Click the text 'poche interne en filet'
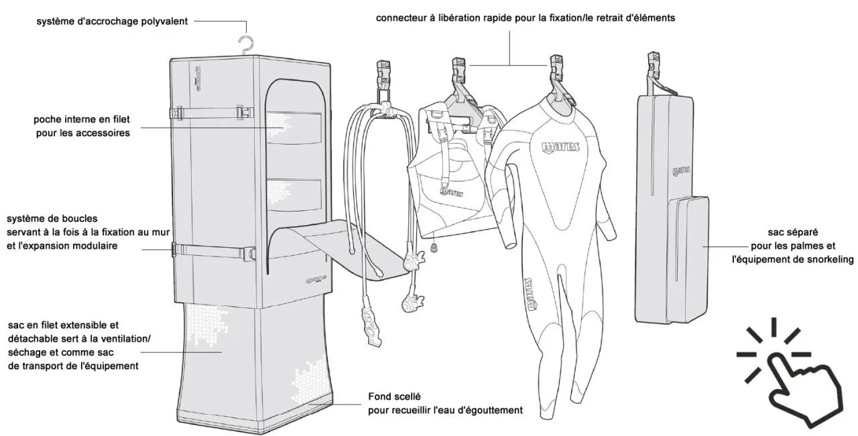pos(82,120)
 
